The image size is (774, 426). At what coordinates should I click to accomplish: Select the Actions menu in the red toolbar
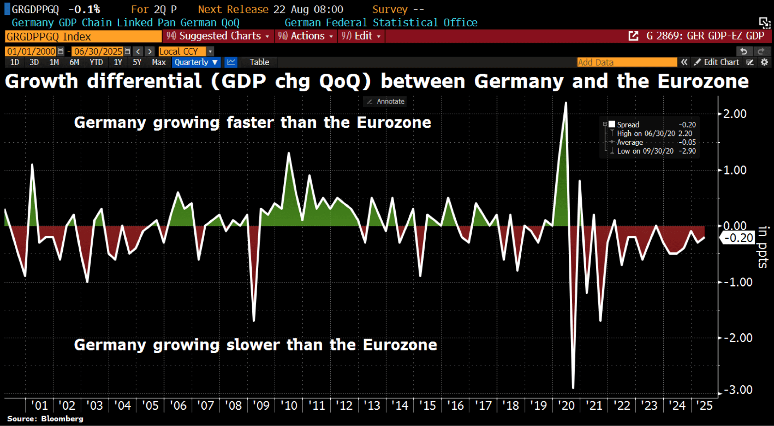pyautogui.click(x=305, y=36)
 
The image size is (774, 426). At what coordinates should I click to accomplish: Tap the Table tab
pyautogui.click(x=259, y=62)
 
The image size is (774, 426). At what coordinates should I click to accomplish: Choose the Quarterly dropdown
pyautogui.click(x=196, y=62)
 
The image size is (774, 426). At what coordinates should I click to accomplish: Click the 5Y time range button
pyautogui.click(x=137, y=62)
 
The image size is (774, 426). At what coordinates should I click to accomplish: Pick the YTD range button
pyautogui.click(x=96, y=62)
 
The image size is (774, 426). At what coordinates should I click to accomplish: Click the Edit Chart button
pyautogui.click(x=717, y=62)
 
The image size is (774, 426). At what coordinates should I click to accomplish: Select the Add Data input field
pyautogui.click(x=626, y=62)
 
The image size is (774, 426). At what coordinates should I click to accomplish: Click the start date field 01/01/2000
pyautogui.click(x=31, y=51)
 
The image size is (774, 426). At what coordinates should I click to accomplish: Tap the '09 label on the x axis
pyautogui.click(x=261, y=405)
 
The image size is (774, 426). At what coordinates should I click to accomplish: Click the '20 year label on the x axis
pyautogui.click(x=566, y=405)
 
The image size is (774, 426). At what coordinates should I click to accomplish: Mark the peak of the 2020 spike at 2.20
pyautogui.click(x=566, y=103)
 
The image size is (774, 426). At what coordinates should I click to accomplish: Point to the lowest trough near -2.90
pyautogui.click(x=573, y=387)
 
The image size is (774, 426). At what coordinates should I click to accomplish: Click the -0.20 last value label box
pyautogui.click(x=738, y=238)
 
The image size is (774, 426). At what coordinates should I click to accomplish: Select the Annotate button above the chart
pyautogui.click(x=386, y=102)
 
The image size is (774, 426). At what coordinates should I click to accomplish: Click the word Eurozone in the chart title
pyautogui.click(x=703, y=81)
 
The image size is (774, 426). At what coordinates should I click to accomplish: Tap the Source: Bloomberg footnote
pyautogui.click(x=45, y=419)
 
